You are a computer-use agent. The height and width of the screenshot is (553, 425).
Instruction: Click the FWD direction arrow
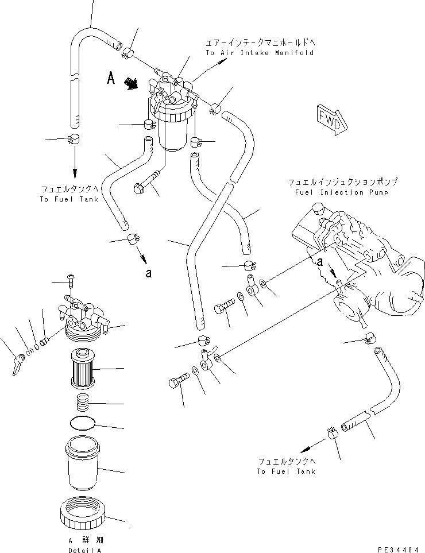[333, 119]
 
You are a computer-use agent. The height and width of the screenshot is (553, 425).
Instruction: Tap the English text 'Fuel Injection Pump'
[342, 192]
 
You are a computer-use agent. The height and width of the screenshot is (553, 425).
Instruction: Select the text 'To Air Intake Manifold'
[260, 53]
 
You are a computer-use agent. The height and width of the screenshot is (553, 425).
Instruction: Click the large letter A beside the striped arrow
[111, 79]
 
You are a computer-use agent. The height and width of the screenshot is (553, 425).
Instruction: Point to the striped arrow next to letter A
[132, 84]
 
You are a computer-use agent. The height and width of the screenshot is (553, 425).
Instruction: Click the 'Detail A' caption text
[87, 550]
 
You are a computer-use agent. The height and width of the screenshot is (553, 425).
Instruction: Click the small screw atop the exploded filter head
[72, 280]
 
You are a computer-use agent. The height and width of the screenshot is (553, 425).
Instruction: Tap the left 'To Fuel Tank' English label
[69, 200]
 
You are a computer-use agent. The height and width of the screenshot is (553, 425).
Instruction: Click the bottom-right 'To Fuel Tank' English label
[286, 471]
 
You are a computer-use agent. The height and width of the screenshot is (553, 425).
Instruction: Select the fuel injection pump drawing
[356, 258]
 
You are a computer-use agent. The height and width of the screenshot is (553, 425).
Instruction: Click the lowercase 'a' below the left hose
[149, 273]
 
